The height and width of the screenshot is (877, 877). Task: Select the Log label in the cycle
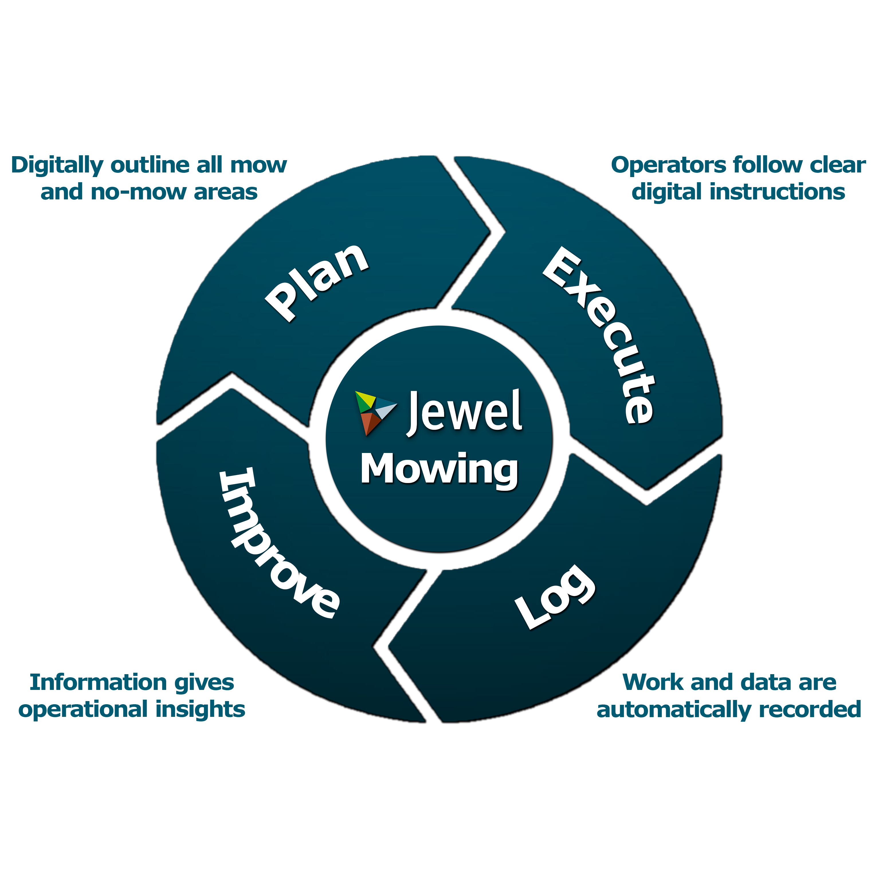point(555,598)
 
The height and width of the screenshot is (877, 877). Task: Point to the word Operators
point(668,165)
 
